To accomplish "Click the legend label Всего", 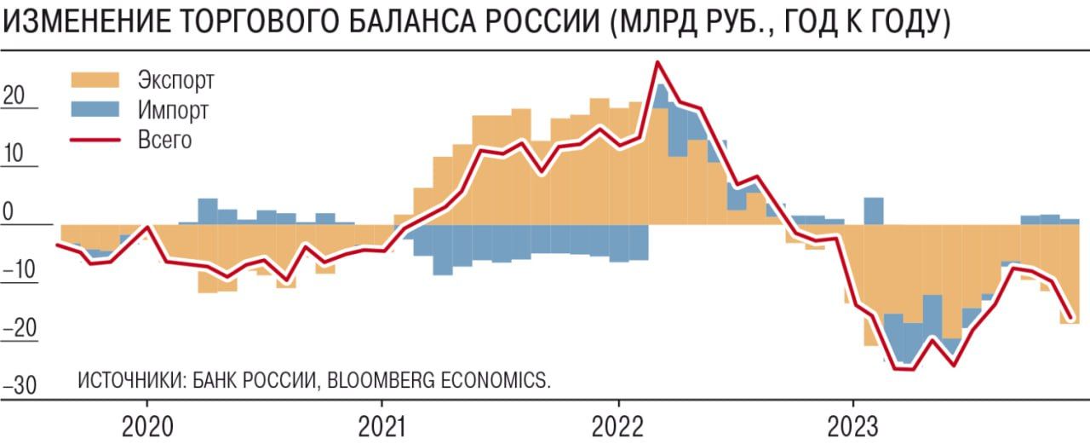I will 164,139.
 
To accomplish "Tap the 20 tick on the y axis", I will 14,95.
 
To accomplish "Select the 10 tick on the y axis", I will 14,153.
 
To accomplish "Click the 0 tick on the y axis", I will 9,211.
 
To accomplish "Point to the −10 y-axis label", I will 19,270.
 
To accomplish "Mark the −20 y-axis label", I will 19,328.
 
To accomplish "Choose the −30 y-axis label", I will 19,385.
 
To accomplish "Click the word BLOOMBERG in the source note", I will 377,380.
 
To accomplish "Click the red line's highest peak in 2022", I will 657,62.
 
